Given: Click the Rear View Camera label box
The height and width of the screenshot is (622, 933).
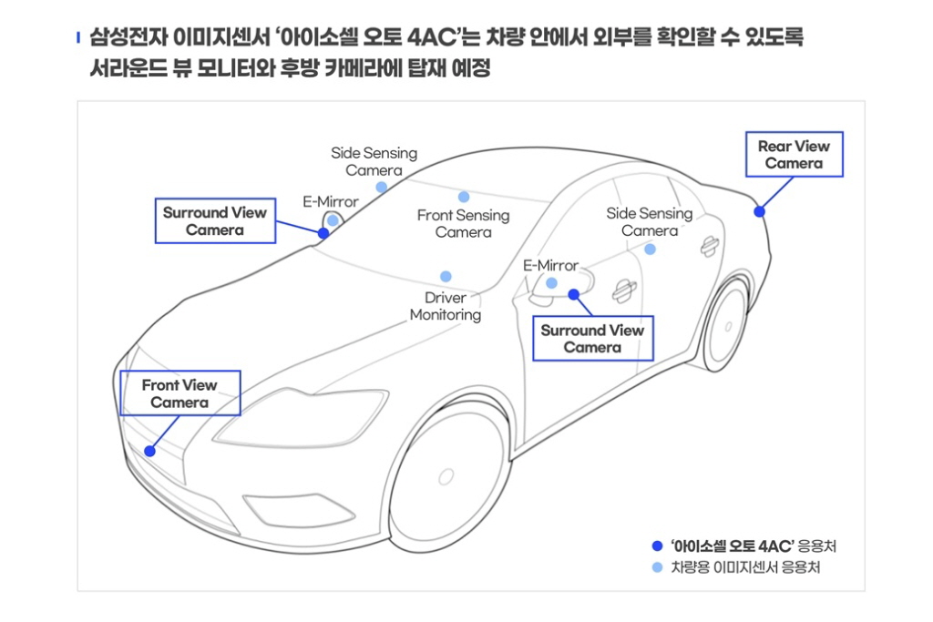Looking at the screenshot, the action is point(795,155).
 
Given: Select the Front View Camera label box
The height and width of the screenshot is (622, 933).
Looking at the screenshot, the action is point(179,393).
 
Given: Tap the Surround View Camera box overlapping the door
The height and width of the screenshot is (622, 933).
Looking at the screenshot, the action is point(592,339).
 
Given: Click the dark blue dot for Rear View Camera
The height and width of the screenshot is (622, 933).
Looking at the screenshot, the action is point(759,211).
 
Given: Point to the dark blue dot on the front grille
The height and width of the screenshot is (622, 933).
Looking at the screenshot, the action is point(150,452).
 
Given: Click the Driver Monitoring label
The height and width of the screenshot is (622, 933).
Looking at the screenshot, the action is point(445,306).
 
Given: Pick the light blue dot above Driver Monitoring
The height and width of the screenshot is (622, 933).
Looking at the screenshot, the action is point(446,277).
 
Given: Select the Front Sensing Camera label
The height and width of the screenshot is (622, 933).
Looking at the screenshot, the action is point(463,223).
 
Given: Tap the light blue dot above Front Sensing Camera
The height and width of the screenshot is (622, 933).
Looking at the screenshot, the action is point(464,197).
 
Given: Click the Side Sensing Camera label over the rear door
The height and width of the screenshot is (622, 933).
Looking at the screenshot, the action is point(649,222).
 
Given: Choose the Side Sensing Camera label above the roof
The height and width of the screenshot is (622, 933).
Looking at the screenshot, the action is point(374,162).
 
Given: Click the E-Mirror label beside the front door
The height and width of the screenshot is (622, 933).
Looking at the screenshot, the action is point(550,265).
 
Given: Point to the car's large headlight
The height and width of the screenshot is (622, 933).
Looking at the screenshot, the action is point(301,418).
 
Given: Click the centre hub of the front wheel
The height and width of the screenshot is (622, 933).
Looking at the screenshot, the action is point(446,477).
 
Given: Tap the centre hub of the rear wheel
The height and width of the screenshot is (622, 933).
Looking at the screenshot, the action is point(728,326).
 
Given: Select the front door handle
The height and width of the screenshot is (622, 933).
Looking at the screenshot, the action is point(623,291).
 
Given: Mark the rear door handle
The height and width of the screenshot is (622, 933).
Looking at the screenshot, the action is point(709,246).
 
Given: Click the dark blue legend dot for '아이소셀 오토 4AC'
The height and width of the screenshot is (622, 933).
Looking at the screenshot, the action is point(657,546).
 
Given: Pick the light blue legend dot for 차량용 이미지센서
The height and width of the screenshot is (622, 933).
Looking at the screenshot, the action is point(657,567).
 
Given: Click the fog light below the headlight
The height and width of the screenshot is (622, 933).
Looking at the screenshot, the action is point(291,510).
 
